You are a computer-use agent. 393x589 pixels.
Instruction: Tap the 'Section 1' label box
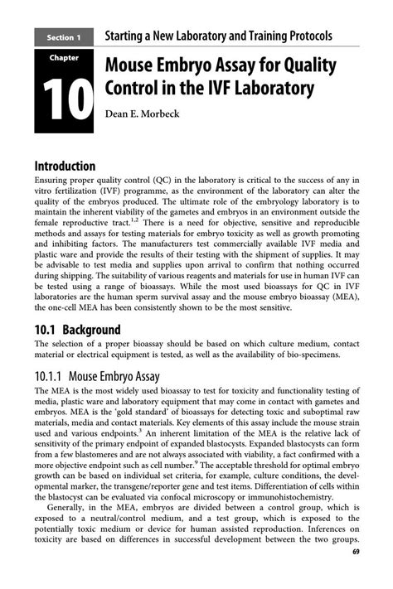click(63, 37)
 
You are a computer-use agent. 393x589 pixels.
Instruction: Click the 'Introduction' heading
click(65, 166)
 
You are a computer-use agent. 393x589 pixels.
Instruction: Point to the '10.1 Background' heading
click(77, 329)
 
